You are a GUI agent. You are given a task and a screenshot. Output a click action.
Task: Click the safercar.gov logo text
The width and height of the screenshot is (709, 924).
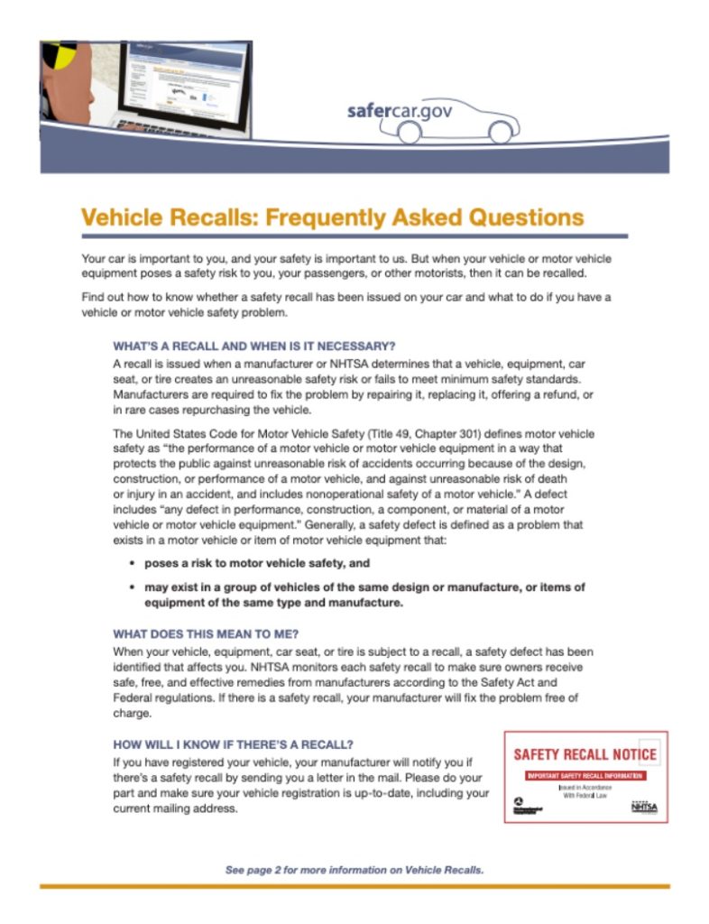pos(399,112)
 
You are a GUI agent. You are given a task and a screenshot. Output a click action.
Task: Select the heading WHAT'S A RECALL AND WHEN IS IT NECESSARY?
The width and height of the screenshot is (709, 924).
pos(254,346)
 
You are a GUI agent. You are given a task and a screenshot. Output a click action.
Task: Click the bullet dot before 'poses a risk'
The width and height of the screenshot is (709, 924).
pos(133,563)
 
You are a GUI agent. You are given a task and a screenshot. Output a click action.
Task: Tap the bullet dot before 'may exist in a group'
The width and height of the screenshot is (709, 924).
pos(133,587)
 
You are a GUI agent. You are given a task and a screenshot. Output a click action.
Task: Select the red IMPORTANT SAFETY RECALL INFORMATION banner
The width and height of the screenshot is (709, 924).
pos(585,775)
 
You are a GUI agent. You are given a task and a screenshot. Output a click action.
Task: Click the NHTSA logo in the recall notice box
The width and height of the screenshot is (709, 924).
pos(643,806)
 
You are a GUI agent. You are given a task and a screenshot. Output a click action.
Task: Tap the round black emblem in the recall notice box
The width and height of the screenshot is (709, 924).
pos(519,801)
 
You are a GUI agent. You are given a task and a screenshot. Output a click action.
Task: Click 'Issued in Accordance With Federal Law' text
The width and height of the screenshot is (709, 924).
pos(585,791)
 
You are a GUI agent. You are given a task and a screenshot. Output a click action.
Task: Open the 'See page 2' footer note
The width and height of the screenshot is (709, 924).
pos(354,870)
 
